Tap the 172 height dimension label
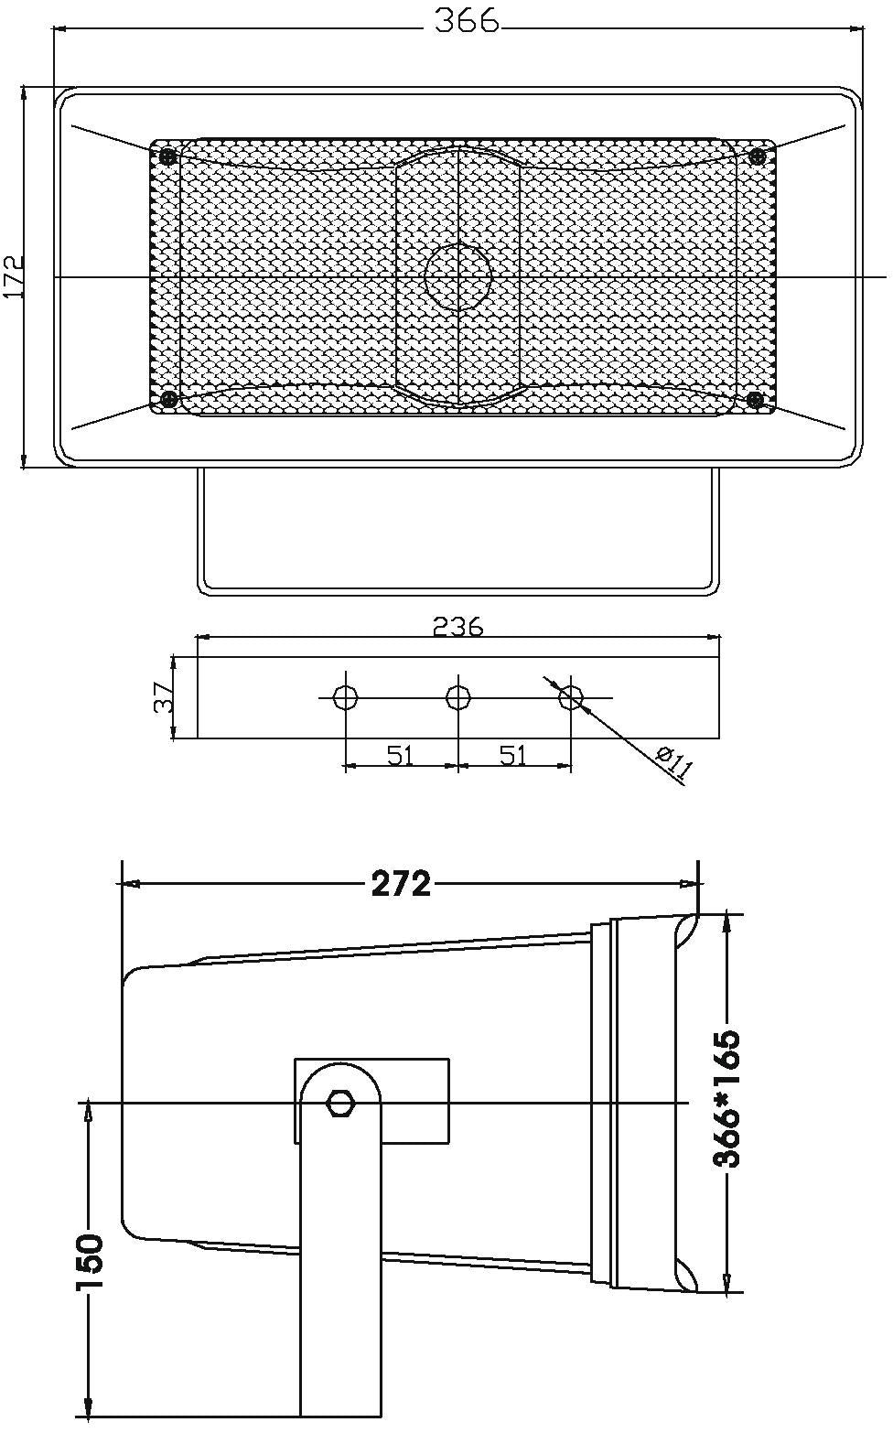pos(13,276)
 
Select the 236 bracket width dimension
pos(458,627)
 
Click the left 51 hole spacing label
pos(401,756)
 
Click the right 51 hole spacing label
pos(513,756)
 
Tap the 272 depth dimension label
pos(401,884)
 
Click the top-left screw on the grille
pos(167,156)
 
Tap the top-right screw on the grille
pos(757,156)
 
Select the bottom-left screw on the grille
pos(169,400)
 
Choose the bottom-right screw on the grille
pos(756,400)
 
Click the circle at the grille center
pos(457,277)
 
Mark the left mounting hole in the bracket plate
pos(346,696)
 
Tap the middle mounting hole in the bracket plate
pos(458,696)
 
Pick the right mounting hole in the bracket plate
pos(571,696)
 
